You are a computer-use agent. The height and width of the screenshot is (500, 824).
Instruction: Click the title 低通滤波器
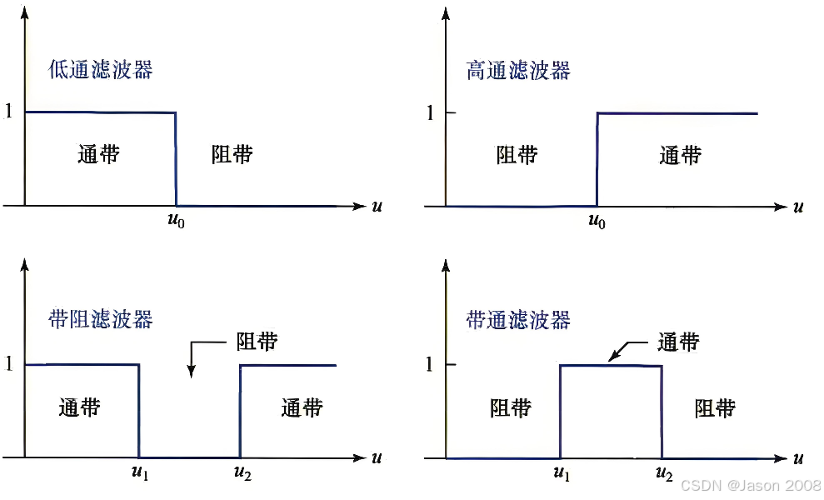[x=101, y=69]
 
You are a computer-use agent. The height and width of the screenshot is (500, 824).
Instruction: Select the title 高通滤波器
[x=518, y=70]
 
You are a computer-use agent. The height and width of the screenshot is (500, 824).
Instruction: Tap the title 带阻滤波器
[x=101, y=319]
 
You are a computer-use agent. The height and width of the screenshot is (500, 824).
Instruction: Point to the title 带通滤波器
[x=518, y=319]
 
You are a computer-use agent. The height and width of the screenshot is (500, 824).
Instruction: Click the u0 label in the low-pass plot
[x=176, y=222]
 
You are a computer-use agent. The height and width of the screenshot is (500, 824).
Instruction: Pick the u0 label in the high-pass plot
[x=597, y=222]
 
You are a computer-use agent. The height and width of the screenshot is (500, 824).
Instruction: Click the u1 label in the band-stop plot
[x=139, y=474]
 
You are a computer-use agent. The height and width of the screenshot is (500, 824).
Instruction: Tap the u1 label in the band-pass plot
[x=562, y=474]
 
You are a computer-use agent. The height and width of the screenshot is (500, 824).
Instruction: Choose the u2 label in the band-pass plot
[x=663, y=474]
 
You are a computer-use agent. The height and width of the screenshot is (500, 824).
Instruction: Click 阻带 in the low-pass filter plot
[x=232, y=154]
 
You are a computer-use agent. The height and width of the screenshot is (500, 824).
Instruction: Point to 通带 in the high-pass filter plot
[x=680, y=155]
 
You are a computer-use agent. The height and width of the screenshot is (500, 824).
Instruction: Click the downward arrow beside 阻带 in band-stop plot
[x=192, y=357]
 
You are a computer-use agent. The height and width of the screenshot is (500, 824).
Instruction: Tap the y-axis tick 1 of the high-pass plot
[x=430, y=112]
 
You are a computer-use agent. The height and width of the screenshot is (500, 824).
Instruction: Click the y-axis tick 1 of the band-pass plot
[x=430, y=364]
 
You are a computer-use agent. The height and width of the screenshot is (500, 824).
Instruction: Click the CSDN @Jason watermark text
[x=750, y=485]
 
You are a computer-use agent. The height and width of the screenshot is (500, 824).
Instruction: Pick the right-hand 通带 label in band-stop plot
[x=301, y=407]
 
